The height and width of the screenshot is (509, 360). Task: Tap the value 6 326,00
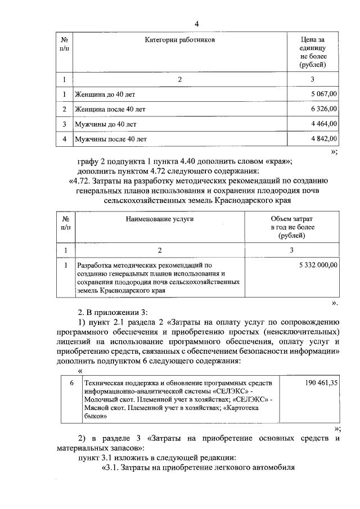[325, 109]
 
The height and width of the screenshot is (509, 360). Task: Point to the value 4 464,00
[325, 124]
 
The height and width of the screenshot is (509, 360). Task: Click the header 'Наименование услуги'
[160, 219]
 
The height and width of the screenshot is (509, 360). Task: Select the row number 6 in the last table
[71, 383]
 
